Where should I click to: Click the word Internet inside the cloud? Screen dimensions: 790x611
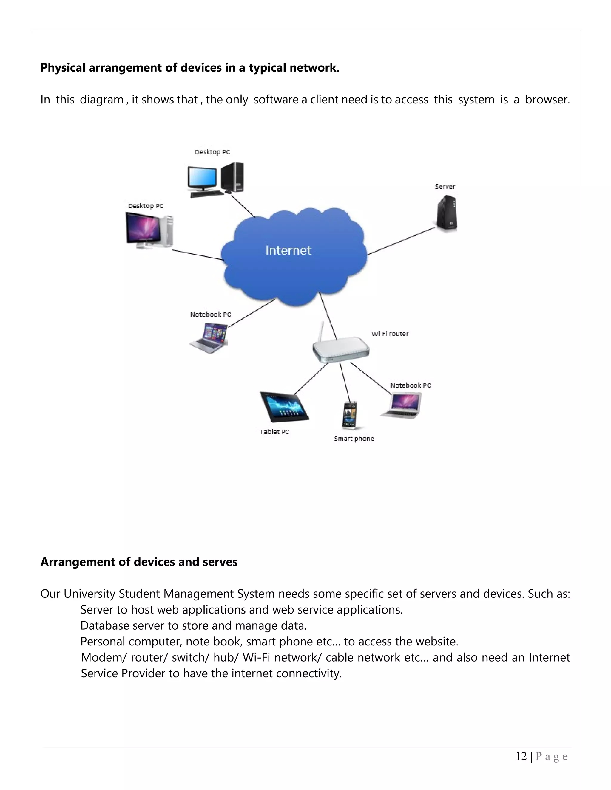coord(288,250)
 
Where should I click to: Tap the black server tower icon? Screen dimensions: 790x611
coord(446,213)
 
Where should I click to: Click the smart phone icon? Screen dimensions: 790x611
coord(350,415)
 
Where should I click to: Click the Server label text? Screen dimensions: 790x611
coord(445,186)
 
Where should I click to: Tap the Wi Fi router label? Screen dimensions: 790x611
coord(390,334)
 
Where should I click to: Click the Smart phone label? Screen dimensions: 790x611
coord(354,439)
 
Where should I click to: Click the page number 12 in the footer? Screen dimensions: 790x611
coord(521,756)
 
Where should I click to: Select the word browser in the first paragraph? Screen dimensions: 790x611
coord(547,100)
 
